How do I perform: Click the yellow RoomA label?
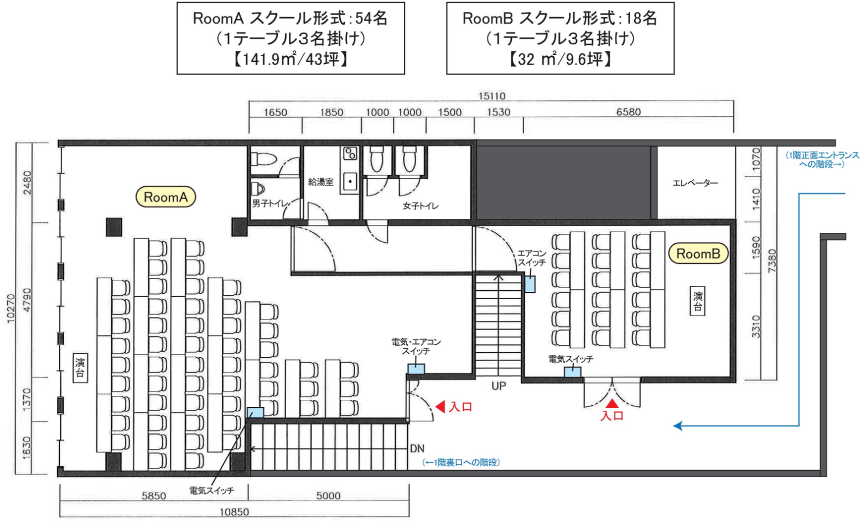165,197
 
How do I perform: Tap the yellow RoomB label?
698,253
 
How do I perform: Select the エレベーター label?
695,183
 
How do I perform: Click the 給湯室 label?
320,182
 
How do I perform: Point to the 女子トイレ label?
421,206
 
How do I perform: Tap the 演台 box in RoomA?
80,368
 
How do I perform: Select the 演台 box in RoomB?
698,301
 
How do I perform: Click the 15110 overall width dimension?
491,96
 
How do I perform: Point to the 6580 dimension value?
629,112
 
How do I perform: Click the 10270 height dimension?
11,309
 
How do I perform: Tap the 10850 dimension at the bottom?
234,512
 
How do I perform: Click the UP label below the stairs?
499,386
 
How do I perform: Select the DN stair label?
417,448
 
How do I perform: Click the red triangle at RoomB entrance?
612,403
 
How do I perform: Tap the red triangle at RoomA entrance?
440,406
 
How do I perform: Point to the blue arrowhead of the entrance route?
678,426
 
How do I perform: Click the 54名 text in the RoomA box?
371,18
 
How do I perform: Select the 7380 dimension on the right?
772,261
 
